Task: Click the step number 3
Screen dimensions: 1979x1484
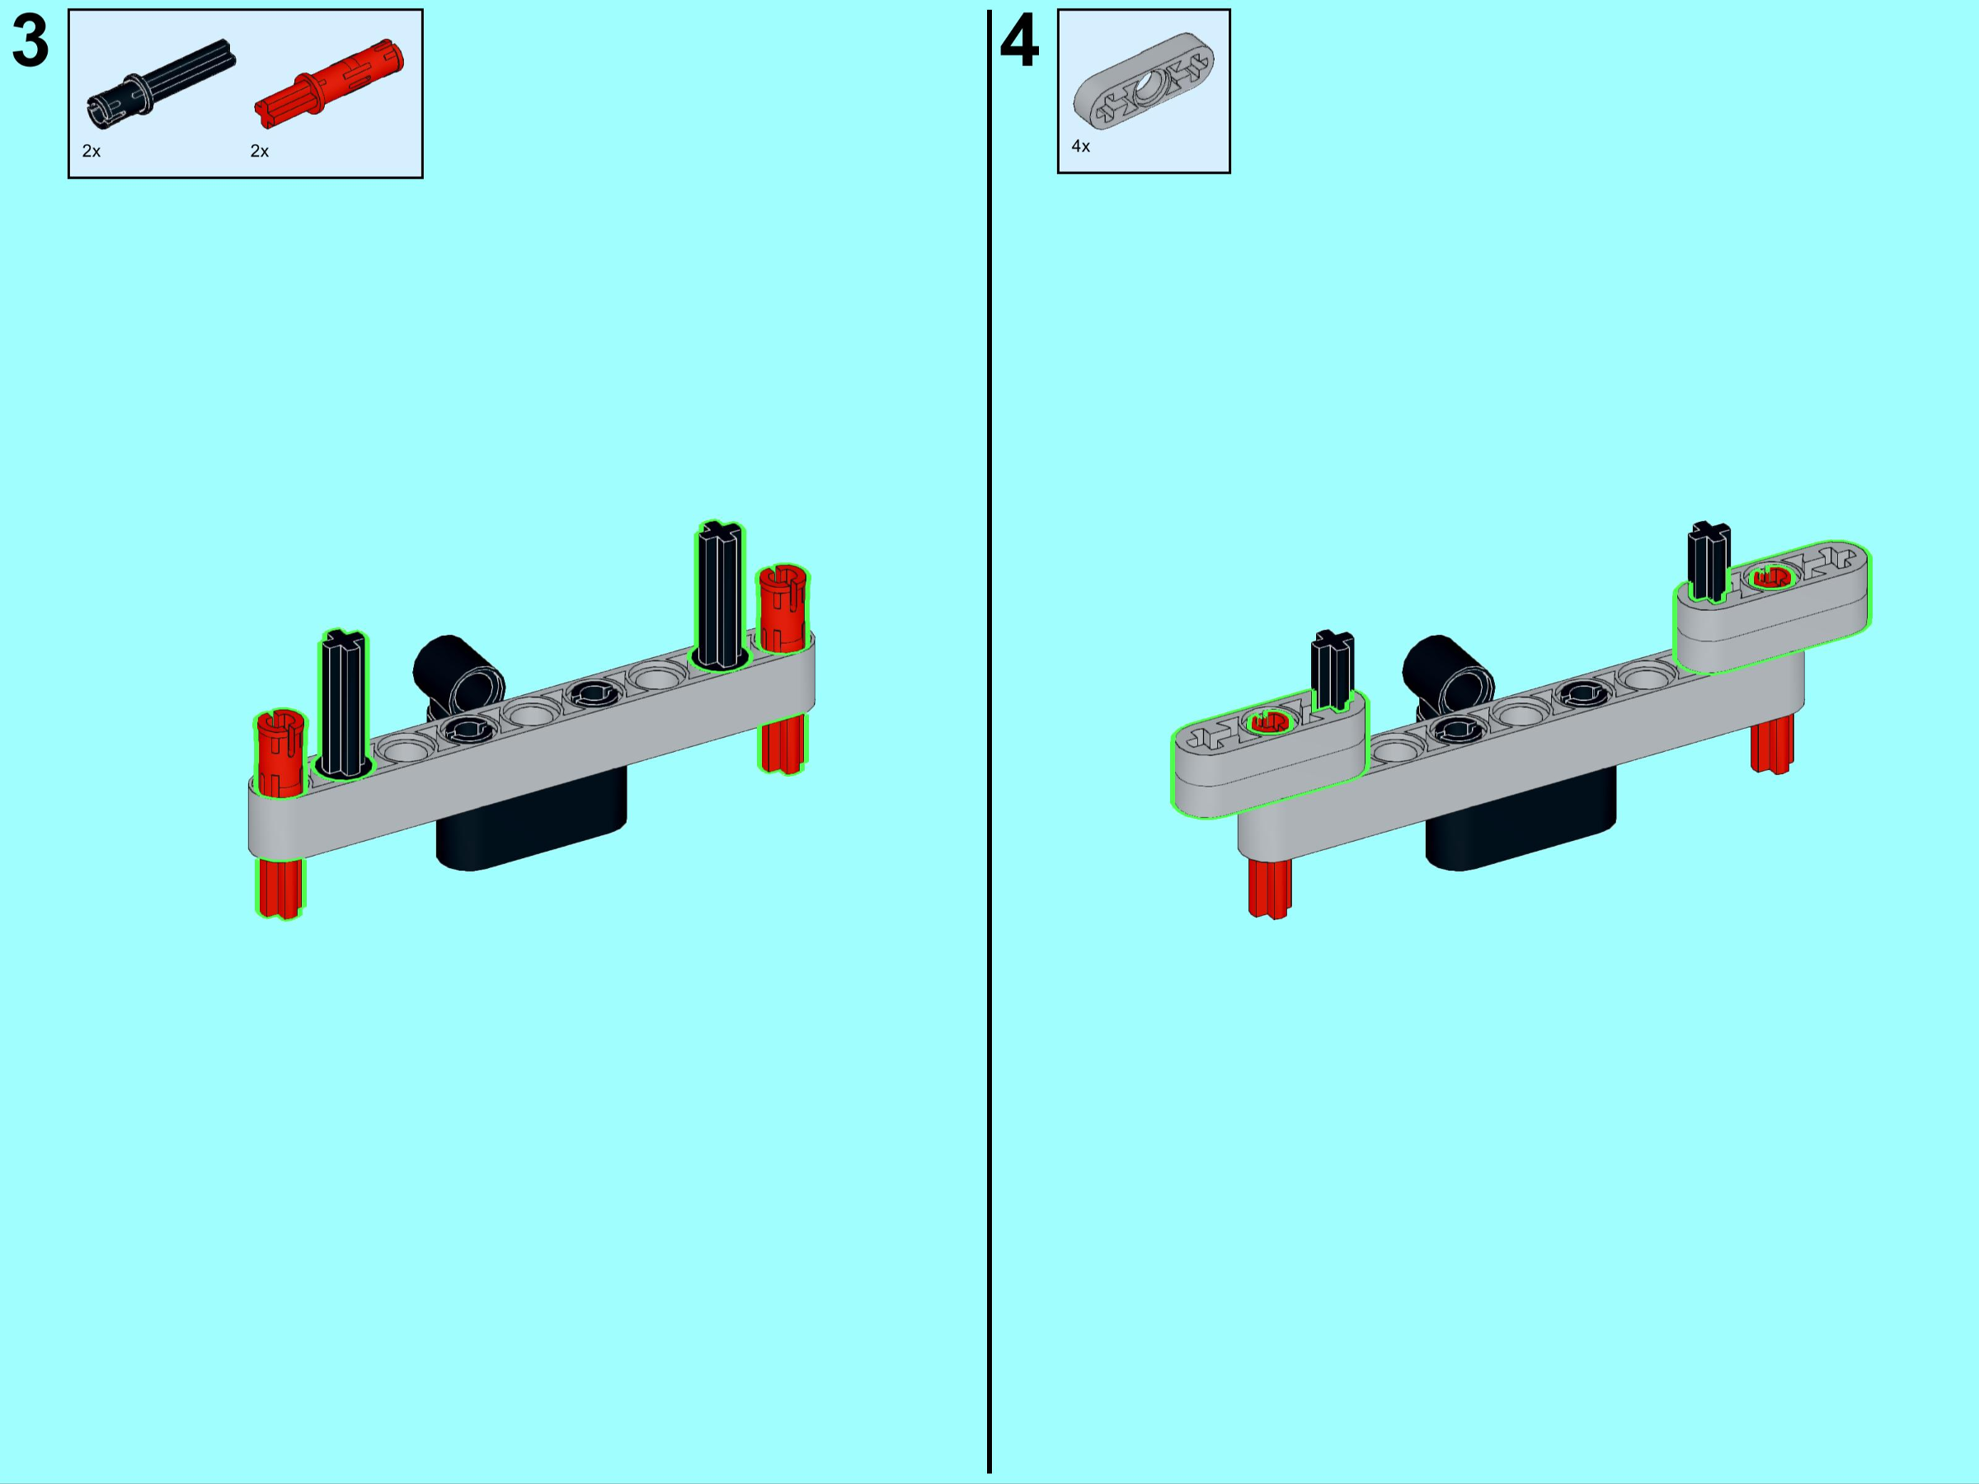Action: pyautogui.click(x=31, y=41)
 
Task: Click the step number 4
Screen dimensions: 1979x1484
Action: pyautogui.click(x=1019, y=41)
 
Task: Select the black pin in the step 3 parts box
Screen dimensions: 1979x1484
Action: pyautogui.click(x=161, y=84)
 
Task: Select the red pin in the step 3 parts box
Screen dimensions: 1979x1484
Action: pyautogui.click(x=329, y=82)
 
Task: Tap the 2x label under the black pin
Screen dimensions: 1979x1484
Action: pyautogui.click(x=92, y=151)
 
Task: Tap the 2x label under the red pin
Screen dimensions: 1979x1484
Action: pyautogui.click(x=260, y=151)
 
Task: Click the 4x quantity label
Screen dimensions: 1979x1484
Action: pyautogui.click(x=1081, y=146)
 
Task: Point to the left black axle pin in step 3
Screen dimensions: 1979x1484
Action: pyautogui.click(x=344, y=703)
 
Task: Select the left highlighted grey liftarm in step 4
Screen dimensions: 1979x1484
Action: pyautogui.click(x=1270, y=754)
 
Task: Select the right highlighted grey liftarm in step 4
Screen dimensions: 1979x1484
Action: pyautogui.click(x=1771, y=607)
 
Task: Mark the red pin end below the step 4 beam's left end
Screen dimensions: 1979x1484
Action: pyautogui.click(x=1270, y=888)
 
